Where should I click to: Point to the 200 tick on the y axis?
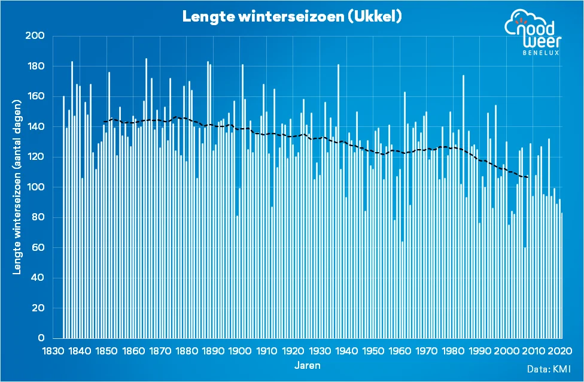click(x=37, y=37)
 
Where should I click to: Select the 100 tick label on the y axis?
click(x=37, y=187)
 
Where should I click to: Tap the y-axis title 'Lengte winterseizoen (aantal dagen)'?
click(x=18, y=187)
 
